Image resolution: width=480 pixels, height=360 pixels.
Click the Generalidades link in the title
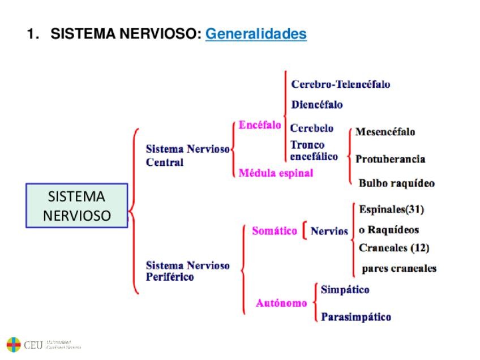(x=256, y=35)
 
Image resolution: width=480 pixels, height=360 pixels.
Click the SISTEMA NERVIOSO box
(x=77, y=206)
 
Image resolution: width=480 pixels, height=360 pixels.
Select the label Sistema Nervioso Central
(x=187, y=156)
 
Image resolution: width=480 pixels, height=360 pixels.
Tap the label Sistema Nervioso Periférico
(x=187, y=271)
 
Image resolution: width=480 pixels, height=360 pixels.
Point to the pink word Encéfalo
(x=260, y=125)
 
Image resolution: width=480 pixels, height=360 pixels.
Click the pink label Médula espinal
(x=276, y=173)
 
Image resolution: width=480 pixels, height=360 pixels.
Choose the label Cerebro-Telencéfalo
(x=340, y=84)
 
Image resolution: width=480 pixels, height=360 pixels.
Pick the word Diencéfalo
(x=316, y=105)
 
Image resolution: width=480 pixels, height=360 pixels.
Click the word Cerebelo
(x=312, y=128)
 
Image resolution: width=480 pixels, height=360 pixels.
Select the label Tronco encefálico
(x=314, y=151)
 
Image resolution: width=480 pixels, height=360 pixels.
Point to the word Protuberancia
(x=390, y=159)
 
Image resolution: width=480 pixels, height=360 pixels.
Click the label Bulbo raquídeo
(x=396, y=183)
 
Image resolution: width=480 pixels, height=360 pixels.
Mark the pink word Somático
(x=274, y=231)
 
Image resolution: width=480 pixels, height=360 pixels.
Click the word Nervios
(x=329, y=231)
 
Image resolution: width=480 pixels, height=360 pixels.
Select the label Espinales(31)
(x=391, y=209)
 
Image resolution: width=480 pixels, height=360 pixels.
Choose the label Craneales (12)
(x=394, y=248)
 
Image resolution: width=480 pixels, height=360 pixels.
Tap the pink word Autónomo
(x=281, y=303)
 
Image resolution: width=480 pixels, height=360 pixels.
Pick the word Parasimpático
(x=355, y=317)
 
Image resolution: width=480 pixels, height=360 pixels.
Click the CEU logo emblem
(x=14, y=344)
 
